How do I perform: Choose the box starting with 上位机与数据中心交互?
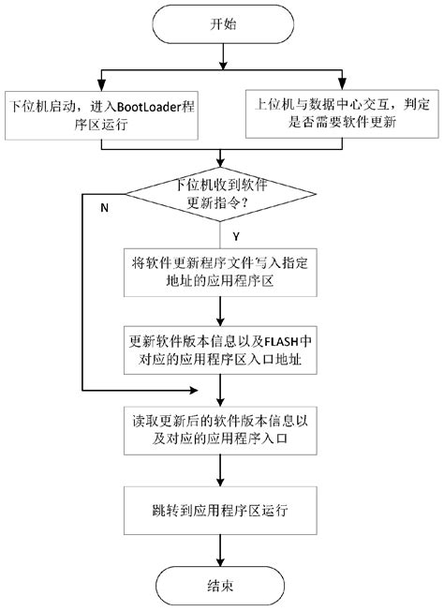[x=341, y=112]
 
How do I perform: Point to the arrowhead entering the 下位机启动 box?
[x=96, y=83]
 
